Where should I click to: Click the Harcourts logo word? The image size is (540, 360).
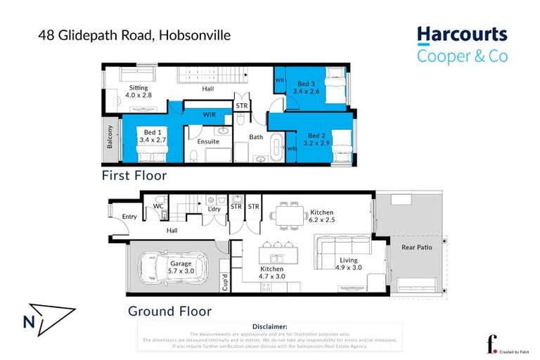point(461,35)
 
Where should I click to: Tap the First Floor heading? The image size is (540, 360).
point(134,175)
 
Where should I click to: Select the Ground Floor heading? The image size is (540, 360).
point(169,311)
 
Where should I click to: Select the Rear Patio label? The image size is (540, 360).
point(416,247)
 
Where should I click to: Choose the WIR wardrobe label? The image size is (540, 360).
point(209,112)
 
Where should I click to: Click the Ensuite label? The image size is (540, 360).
point(208,141)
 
